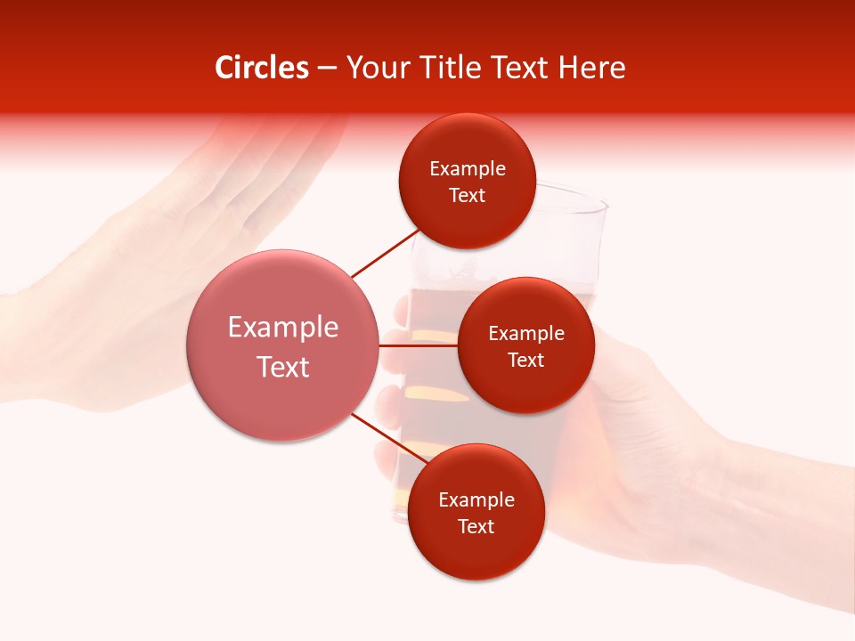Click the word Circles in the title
point(262,68)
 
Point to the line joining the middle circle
point(419,345)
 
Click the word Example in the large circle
point(283,328)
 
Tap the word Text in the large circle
point(283,367)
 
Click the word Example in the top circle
point(468,168)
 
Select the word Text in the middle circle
point(525,360)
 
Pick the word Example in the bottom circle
point(476,499)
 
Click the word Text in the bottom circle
point(476,526)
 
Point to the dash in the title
point(327,68)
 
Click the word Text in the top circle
point(468,195)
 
